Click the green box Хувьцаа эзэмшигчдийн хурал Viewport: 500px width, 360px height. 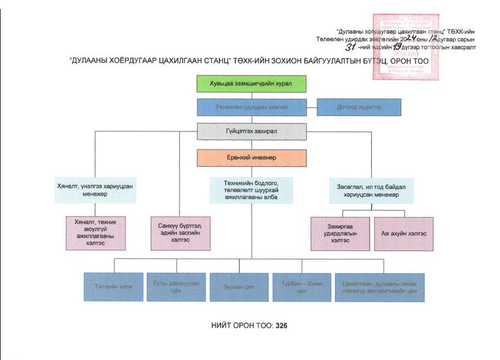252,83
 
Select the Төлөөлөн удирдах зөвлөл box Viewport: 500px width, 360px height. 252,107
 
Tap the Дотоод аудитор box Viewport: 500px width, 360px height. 359,107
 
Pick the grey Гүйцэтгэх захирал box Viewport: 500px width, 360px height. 252,132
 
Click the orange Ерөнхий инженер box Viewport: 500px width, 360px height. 252,158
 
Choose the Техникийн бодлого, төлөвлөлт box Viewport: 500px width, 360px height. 251,191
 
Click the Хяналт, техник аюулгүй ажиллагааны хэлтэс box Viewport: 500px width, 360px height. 96,233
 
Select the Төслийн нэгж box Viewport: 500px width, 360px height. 113,287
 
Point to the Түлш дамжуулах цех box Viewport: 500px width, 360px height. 176,287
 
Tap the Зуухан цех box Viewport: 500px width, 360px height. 239,287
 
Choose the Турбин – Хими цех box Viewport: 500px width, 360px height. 302,287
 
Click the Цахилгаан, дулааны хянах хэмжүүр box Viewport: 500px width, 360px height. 379,287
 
